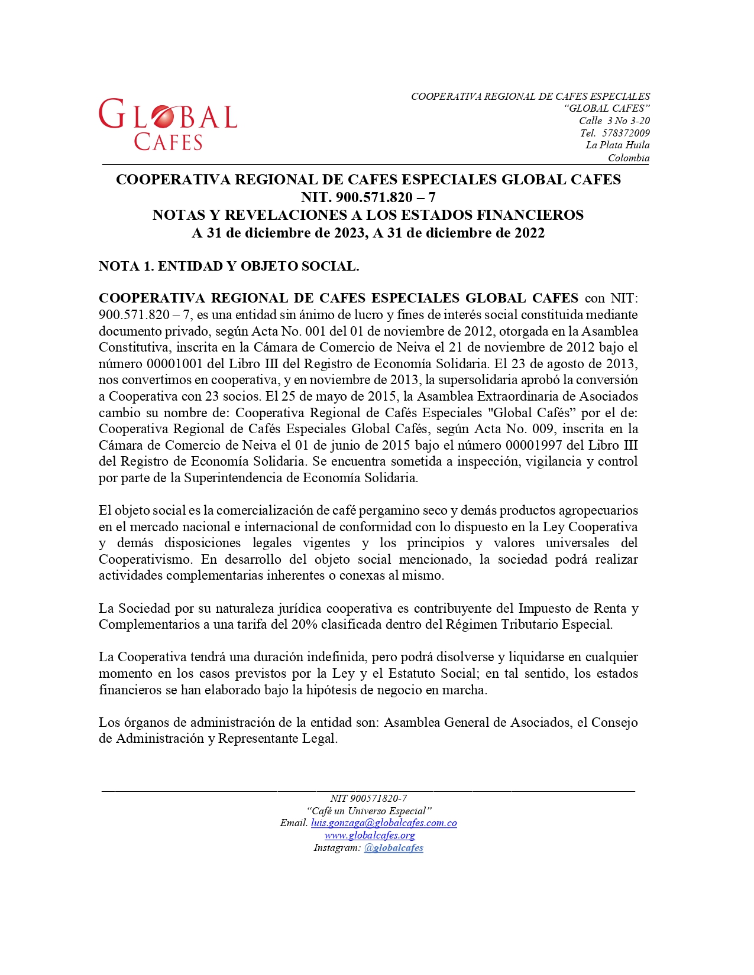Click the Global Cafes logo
[168, 124]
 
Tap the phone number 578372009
[626, 133]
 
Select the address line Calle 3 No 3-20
[614, 121]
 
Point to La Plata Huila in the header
[617, 145]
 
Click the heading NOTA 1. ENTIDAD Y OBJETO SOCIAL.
[229, 266]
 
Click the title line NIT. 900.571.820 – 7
[368, 197]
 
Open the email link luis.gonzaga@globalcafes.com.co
[384, 823]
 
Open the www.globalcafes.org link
[370, 835]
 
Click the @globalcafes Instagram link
[393, 847]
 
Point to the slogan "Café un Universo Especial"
[369, 811]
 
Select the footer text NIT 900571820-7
[368, 798]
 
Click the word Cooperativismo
[145, 559]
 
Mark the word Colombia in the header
[629, 158]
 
